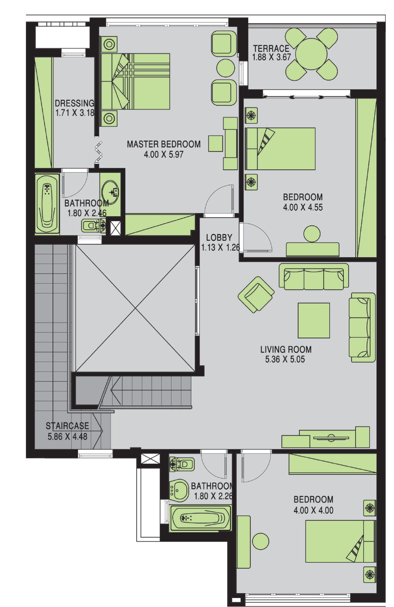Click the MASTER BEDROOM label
(164, 144)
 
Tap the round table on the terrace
(311, 54)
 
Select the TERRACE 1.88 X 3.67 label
(271, 53)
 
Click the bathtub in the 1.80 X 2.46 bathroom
(47, 203)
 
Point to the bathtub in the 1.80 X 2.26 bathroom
(200, 518)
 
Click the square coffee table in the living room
(314, 320)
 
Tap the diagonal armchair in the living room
(256, 294)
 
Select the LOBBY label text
(219, 238)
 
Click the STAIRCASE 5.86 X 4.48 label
(67, 431)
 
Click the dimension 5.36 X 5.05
(285, 359)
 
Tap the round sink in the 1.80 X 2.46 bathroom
(110, 192)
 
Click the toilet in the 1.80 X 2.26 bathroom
(182, 464)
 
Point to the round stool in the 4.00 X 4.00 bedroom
(261, 541)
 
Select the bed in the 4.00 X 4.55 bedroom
(280, 149)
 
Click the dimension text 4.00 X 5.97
(164, 154)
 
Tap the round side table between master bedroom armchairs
(225, 68)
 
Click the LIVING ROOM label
(286, 349)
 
